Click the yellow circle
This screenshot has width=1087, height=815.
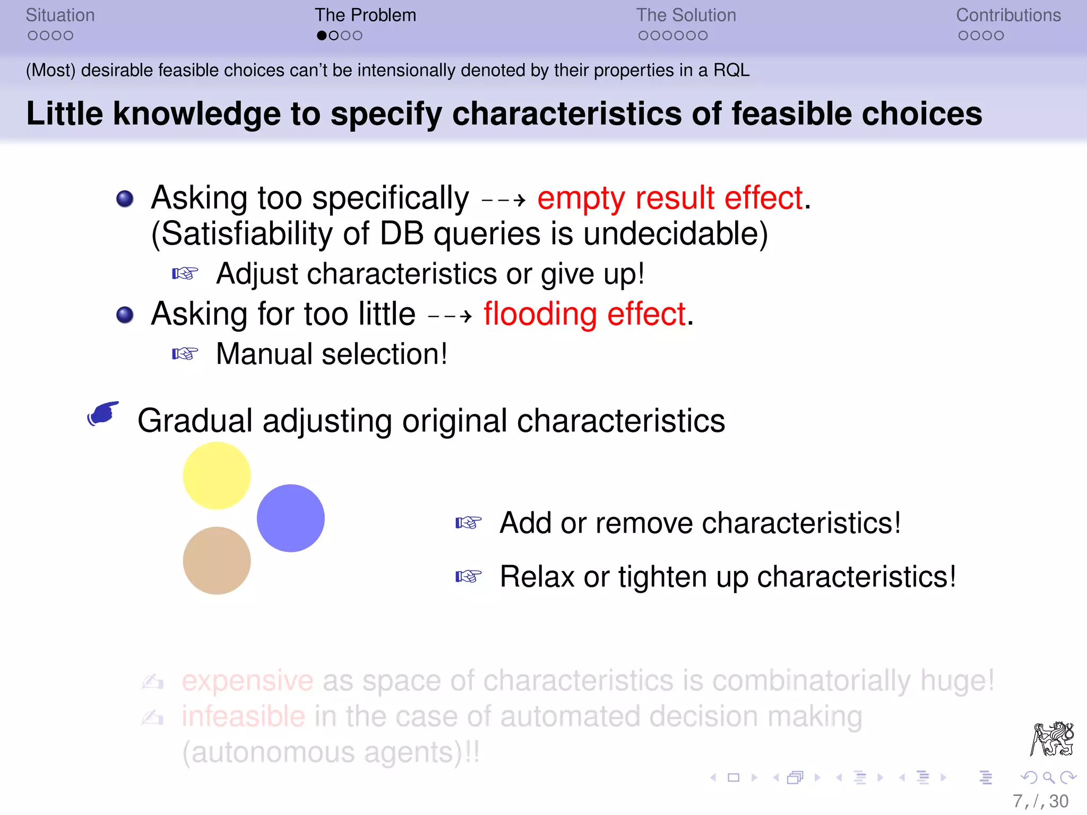click(x=217, y=475)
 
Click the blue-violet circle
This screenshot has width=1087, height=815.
click(x=290, y=518)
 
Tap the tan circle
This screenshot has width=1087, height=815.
click(x=217, y=560)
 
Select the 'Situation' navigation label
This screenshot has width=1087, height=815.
click(x=60, y=15)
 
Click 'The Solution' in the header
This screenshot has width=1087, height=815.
click(x=686, y=15)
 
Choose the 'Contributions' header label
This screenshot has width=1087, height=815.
click(x=1008, y=15)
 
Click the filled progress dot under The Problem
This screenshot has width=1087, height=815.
click(x=322, y=36)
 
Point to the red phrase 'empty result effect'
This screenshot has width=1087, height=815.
click(x=670, y=198)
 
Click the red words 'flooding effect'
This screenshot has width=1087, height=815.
click(x=585, y=314)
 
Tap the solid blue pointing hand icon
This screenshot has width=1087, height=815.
click(x=103, y=413)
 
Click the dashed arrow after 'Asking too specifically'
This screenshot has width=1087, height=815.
click(x=503, y=201)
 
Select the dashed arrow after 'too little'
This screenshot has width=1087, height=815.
click(x=450, y=317)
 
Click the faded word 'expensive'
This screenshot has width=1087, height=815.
click(x=247, y=681)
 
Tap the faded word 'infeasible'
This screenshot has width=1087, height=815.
click(x=243, y=716)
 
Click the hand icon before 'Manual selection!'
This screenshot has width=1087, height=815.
click(x=185, y=353)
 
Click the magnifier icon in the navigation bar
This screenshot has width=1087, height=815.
click(x=1048, y=778)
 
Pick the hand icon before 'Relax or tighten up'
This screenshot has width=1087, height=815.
click(x=468, y=576)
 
